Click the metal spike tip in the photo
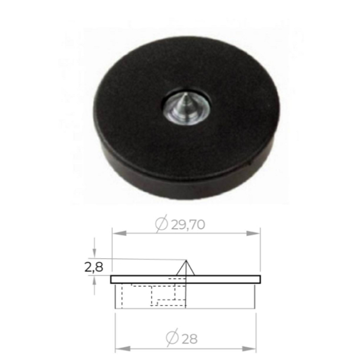186,94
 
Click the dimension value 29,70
188,225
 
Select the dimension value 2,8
94,267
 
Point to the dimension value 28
190,338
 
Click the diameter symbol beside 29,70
161,224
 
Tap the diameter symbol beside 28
172,337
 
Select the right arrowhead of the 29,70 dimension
253,233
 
